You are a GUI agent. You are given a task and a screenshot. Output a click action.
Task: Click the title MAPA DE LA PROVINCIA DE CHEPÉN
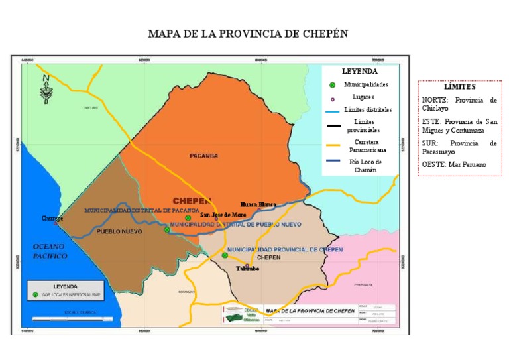(x=247, y=34)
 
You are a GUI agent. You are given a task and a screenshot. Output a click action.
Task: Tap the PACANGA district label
(x=203, y=156)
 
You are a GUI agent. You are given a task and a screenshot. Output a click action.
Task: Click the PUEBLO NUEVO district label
(x=119, y=232)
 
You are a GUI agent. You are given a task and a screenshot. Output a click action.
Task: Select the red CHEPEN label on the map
(x=192, y=200)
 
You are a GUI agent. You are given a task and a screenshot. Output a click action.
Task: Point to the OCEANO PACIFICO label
(x=50, y=251)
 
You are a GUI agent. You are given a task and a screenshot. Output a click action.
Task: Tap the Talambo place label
(x=248, y=269)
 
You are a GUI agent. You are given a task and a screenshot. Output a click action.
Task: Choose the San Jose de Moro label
(x=224, y=215)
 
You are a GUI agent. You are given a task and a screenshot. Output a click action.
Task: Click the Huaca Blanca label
(x=258, y=204)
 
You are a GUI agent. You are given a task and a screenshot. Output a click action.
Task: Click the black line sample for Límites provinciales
(x=334, y=126)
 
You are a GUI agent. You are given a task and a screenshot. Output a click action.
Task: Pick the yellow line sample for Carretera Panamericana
(x=334, y=145)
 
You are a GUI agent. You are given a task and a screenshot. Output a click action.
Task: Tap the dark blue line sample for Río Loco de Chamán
(x=334, y=162)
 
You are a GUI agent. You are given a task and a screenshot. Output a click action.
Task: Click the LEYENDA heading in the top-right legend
(x=360, y=71)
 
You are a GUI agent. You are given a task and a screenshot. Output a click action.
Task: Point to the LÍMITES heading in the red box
(x=459, y=87)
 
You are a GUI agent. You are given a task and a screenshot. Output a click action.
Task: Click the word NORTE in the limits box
(x=435, y=100)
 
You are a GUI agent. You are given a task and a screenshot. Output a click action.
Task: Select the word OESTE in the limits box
(x=435, y=164)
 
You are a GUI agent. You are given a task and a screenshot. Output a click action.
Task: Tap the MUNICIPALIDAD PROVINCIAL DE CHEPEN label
(x=285, y=249)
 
